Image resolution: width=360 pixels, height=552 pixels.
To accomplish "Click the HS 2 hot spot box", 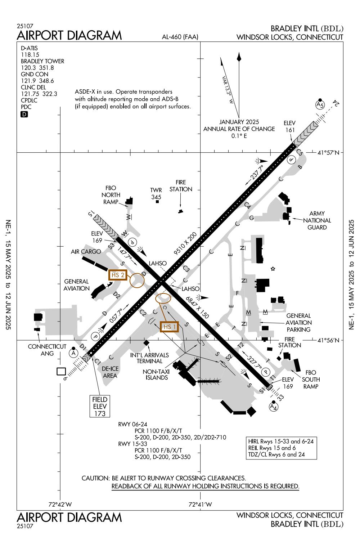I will pyautogui.click(x=118, y=275).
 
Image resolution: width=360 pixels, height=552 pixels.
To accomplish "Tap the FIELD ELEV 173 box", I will pyautogui.click(x=99, y=406).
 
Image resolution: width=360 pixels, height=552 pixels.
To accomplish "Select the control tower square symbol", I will pyautogui.click(x=157, y=202).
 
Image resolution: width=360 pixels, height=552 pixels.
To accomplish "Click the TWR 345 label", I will pyautogui.click(x=156, y=193).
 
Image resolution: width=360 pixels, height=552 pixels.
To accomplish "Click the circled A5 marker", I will pyautogui.click(x=320, y=105).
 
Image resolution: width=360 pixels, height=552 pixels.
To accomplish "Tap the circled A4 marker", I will pyautogui.click(x=274, y=407).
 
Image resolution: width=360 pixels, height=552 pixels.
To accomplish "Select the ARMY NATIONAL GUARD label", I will pyautogui.click(x=317, y=220).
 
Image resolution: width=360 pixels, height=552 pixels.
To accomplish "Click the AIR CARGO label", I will pyautogui.click(x=86, y=252).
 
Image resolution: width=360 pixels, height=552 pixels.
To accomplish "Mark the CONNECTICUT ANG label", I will pyautogui.click(x=47, y=350).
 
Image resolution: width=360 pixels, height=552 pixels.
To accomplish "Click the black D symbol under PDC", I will pyautogui.click(x=24, y=114).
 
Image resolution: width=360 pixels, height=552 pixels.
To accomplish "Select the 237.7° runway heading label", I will pyautogui.click(x=256, y=173).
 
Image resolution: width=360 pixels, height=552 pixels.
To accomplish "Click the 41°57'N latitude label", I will pyautogui.click(x=329, y=153).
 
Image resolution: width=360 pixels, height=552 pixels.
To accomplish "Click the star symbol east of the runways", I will pyautogui.click(x=273, y=269).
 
